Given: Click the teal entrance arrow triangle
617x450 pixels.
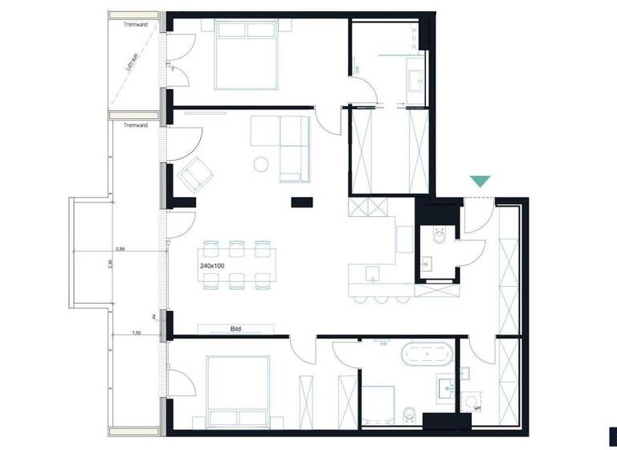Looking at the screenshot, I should [480, 182].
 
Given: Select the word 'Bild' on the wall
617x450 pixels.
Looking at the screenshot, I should [235, 329].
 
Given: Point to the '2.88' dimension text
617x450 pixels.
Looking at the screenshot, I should [120, 250].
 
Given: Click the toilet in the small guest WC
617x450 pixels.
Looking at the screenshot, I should [439, 237].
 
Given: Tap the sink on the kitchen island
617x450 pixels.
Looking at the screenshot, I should [371, 278].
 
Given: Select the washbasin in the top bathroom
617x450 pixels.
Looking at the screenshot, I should [417, 80].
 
